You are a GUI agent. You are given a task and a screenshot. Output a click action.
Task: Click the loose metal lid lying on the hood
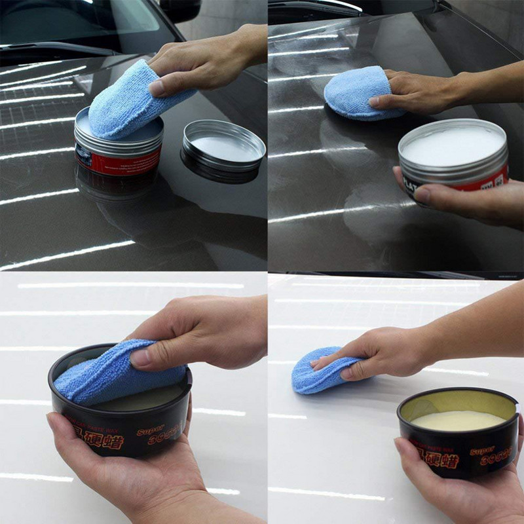[x=223, y=151]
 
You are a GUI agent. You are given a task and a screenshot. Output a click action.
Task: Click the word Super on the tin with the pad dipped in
[x=150, y=431]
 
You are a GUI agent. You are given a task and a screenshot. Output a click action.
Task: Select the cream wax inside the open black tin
[x=458, y=420]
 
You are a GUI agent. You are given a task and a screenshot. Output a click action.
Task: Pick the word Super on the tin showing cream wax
[x=482, y=451]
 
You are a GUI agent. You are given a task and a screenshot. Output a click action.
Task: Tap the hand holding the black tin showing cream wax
[x=458, y=491]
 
